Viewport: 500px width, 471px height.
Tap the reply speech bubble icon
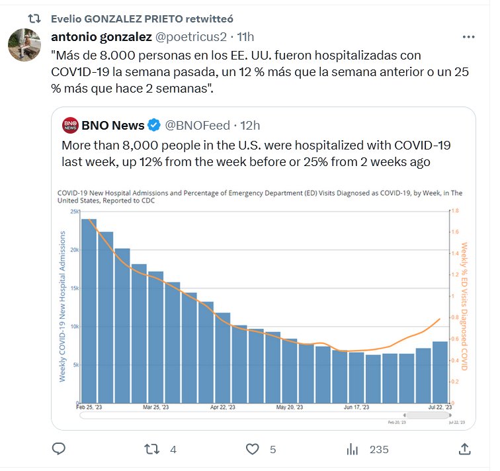pyautogui.click(x=59, y=449)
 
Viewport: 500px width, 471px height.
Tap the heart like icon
pyautogui.click(x=252, y=449)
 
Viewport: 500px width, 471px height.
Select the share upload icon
pyautogui.click(x=464, y=449)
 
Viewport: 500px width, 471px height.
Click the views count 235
pyautogui.click(x=378, y=449)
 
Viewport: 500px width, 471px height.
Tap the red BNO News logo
pyautogui.click(x=70, y=125)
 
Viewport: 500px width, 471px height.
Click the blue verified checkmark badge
pyautogui.click(x=153, y=125)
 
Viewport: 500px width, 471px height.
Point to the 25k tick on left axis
pyautogui.click(x=75, y=212)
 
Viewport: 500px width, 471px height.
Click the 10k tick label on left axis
pyautogui.click(x=75, y=326)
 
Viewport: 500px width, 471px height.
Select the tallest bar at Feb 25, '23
pyautogui.click(x=89, y=311)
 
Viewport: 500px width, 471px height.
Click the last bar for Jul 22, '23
pyautogui.click(x=440, y=372)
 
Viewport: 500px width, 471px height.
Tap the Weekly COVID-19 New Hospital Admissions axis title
pyautogui.click(x=63, y=306)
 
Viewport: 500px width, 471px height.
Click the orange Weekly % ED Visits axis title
pyautogui.click(x=464, y=306)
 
